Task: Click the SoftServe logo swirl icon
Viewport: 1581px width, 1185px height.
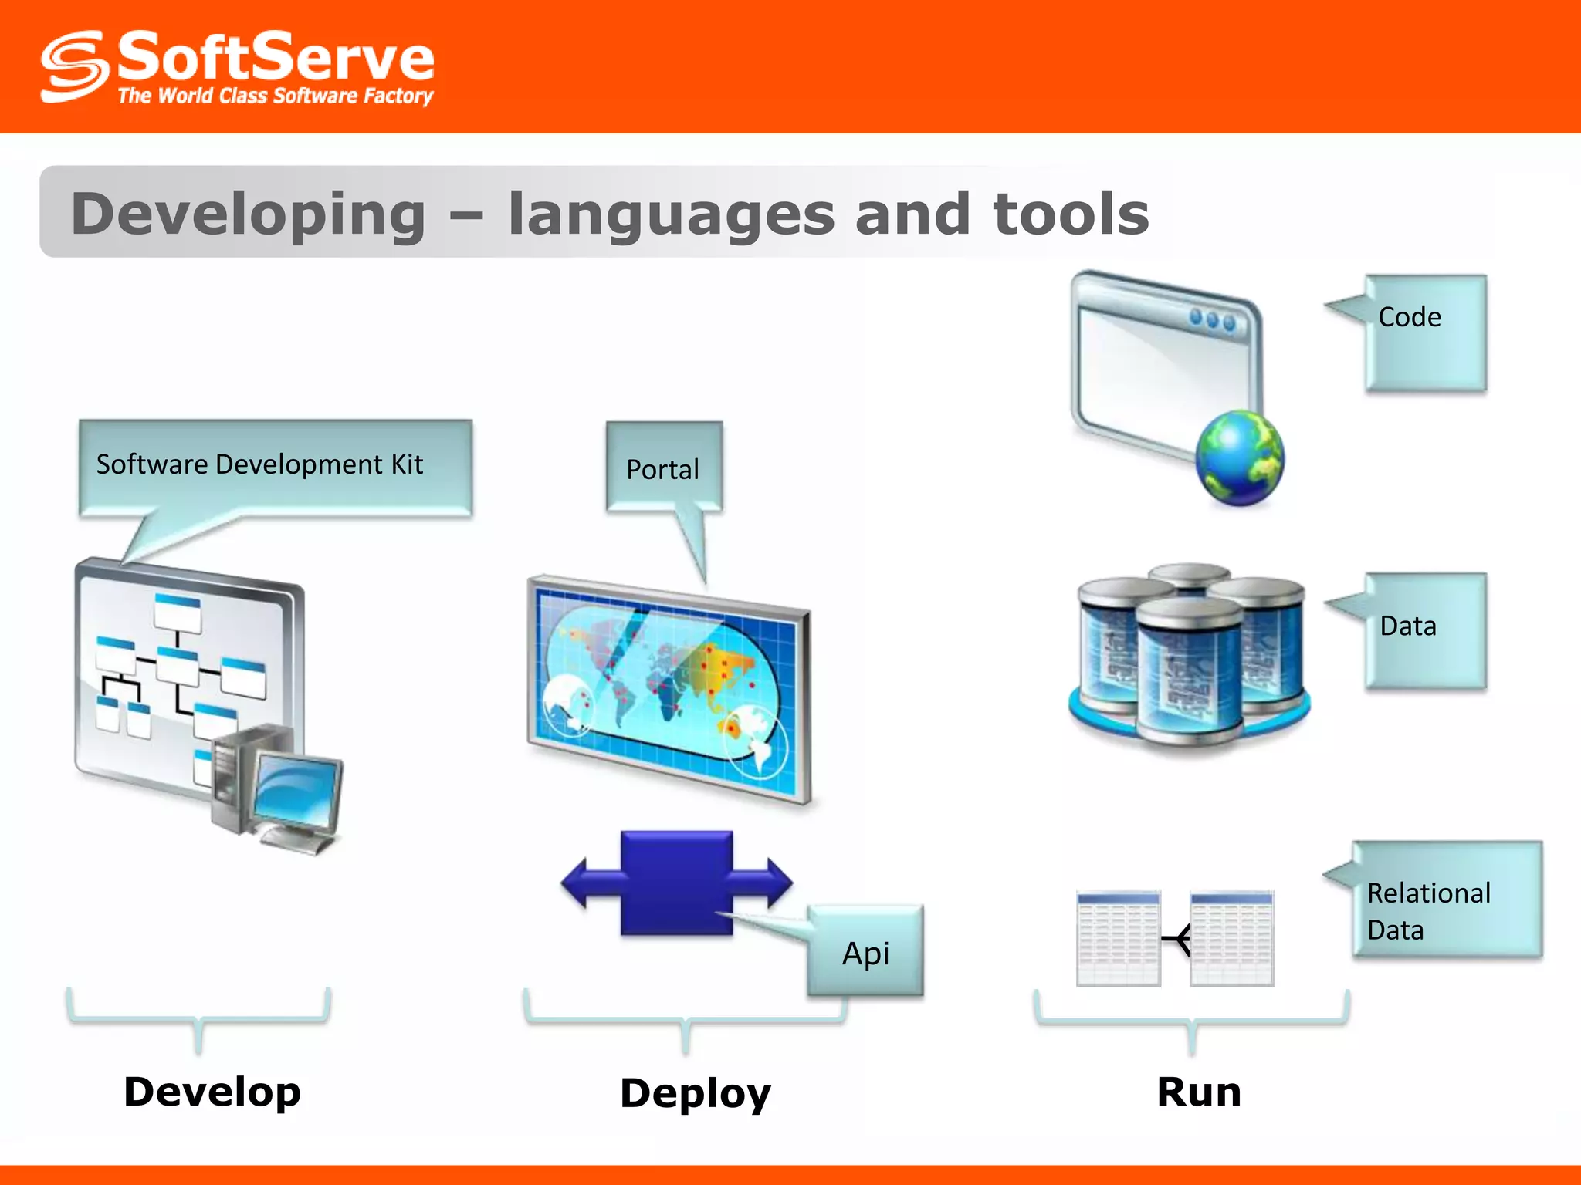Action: point(73,67)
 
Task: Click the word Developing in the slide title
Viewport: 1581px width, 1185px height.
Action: point(248,214)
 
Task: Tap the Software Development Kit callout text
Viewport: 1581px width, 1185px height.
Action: point(259,464)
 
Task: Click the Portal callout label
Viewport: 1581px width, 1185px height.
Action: point(662,469)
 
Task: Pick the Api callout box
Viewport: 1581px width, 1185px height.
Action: point(865,953)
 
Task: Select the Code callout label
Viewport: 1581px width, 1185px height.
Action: point(1410,317)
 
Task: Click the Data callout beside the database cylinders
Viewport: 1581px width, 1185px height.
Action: point(1408,626)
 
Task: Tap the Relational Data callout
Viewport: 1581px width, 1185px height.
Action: point(1428,910)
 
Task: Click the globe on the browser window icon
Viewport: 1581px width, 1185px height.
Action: point(1240,458)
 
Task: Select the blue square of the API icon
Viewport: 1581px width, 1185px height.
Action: point(676,882)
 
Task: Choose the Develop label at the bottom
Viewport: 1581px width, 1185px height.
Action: point(212,1092)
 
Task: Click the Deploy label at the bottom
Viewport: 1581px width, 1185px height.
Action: point(695,1093)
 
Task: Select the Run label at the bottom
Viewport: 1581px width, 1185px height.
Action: point(1198,1092)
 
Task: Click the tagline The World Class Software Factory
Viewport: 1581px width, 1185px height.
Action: point(275,96)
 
